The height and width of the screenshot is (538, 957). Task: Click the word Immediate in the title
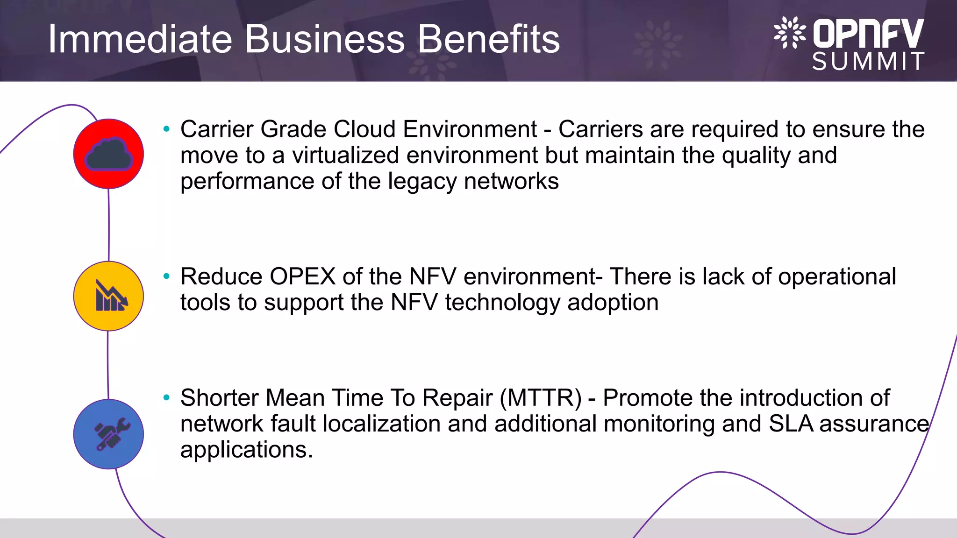(140, 39)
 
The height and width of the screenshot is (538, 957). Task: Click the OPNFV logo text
(868, 34)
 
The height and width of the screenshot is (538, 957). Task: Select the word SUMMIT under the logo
(868, 62)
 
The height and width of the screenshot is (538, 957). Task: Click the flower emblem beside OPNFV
(790, 33)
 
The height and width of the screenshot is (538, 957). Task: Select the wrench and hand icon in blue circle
(111, 434)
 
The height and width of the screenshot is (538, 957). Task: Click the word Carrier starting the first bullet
(216, 129)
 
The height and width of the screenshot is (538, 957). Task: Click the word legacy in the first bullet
(422, 182)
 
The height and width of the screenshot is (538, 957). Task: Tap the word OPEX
(302, 276)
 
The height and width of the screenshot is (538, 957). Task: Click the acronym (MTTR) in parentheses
(541, 398)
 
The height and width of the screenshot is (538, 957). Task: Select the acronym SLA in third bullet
(791, 424)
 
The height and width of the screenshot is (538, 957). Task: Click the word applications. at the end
(246, 450)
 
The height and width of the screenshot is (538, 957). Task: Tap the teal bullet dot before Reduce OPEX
(166, 276)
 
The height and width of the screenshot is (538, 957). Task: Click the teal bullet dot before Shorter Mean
(166, 398)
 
